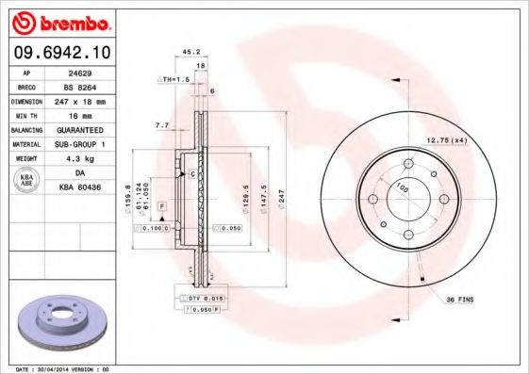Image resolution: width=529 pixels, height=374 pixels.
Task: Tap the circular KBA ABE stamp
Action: click(27, 180)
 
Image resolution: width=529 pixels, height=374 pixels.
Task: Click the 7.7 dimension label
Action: click(161, 124)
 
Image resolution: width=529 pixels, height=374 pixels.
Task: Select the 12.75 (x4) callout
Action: click(448, 140)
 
